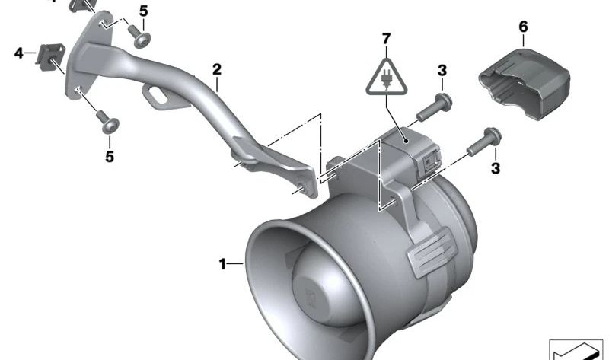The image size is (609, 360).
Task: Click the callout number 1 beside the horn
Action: coord(222,264)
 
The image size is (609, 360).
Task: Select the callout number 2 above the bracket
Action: coord(217,69)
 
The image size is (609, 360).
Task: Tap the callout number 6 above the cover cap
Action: coord(523,27)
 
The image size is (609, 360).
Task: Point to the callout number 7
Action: coord(386,39)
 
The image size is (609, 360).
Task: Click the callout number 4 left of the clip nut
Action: coord(18,53)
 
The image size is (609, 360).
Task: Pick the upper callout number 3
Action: coord(442,71)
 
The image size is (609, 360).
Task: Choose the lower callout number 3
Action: coord(496,168)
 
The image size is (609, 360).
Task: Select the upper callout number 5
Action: coord(144,11)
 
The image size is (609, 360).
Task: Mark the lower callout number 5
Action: coord(110,157)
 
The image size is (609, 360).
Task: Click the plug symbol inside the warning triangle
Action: coord(386,79)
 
